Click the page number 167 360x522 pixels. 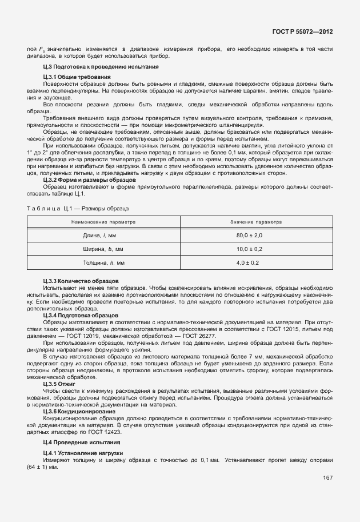click(328, 478)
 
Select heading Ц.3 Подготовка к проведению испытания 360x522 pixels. click(84, 67)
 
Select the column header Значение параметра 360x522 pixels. click(256, 221)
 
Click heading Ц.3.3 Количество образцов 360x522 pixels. click(81, 281)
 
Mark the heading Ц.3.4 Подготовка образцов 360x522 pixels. click(81, 315)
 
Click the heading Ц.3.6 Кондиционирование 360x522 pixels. click(79, 411)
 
